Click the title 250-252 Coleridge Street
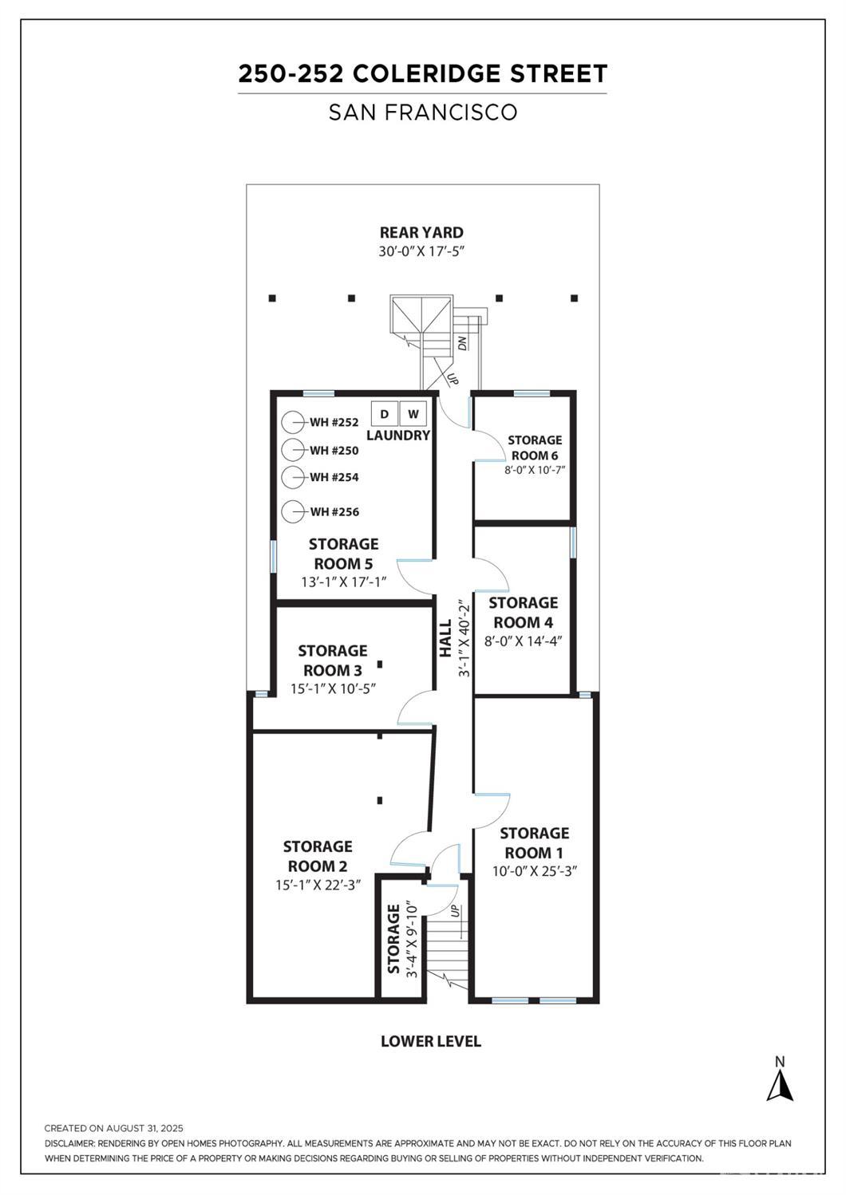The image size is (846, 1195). tap(422, 74)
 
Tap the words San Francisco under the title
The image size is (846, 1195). tap(423, 112)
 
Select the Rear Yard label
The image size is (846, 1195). tap(421, 232)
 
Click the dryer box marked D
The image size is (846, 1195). tap(385, 414)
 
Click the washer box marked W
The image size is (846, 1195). tap(413, 414)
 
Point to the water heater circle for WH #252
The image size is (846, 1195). tap(293, 422)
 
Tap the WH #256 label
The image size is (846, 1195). tap(334, 512)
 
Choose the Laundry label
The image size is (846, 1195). tap(397, 436)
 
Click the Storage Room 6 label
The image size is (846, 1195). tap(535, 448)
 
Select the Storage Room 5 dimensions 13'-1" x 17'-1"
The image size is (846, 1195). tap(343, 582)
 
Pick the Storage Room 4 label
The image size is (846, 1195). tap(523, 613)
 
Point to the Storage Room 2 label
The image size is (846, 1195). tap(317, 856)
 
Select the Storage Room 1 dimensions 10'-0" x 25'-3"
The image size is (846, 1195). tap(534, 871)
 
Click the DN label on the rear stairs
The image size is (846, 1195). tap(462, 344)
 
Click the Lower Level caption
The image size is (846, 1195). tap(430, 1041)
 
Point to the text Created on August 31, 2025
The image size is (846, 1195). tap(114, 1128)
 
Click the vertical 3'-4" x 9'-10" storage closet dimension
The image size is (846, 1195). tap(412, 940)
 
